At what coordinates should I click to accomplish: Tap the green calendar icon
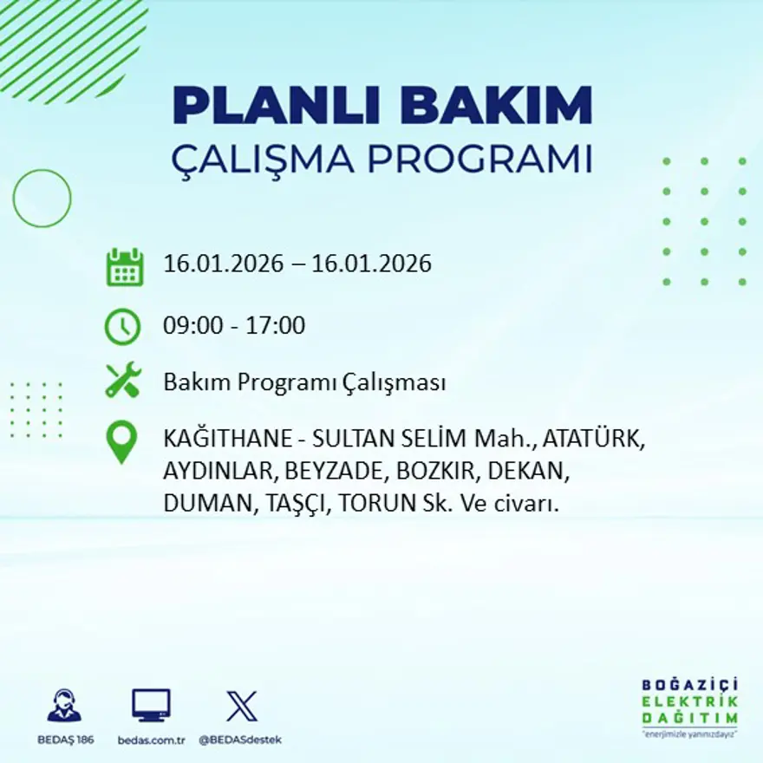pyautogui.click(x=125, y=267)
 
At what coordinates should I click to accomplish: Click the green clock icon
pyautogui.click(x=122, y=327)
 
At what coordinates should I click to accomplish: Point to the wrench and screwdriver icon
pyautogui.click(x=123, y=381)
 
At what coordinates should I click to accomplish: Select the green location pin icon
pyautogui.click(x=121, y=440)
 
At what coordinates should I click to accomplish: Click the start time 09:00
pyautogui.click(x=191, y=326)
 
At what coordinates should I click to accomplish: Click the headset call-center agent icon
pyautogui.click(x=64, y=706)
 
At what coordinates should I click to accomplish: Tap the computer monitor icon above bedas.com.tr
pyautogui.click(x=151, y=705)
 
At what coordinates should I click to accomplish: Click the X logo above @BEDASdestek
pyautogui.click(x=242, y=705)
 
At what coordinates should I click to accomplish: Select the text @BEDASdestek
pyautogui.click(x=240, y=740)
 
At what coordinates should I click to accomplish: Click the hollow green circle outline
pyautogui.click(x=42, y=199)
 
